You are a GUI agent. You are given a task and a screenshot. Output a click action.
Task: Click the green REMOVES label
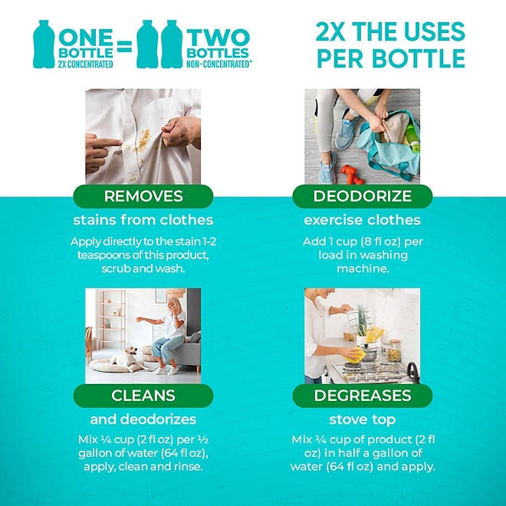(x=143, y=196)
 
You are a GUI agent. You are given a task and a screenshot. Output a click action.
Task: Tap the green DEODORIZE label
(x=363, y=196)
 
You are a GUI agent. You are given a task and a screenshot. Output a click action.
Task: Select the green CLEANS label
(x=143, y=396)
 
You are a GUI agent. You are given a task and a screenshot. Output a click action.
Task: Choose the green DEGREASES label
(x=363, y=396)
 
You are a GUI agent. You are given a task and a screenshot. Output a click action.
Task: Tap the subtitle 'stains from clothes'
(x=143, y=221)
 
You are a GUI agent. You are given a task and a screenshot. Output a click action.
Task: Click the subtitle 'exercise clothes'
(x=363, y=221)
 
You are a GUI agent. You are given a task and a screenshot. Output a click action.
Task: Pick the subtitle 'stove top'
(x=363, y=419)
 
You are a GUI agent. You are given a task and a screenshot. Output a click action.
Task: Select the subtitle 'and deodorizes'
(x=143, y=419)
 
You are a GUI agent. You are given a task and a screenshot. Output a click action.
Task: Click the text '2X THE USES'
(x=390, y=32)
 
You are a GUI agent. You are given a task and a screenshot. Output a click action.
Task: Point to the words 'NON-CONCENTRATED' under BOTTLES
(x=219, y=64)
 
